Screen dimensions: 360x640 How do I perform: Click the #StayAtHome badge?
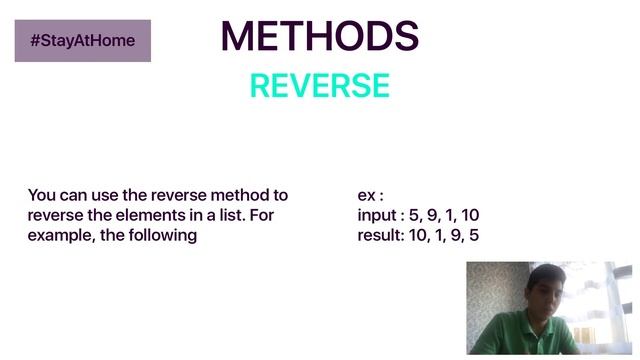click(82, 41)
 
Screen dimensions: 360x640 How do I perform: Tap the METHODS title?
click(319, 36)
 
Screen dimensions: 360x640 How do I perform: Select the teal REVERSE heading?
click(319, 86)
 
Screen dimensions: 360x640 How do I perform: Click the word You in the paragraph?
click(42, 195)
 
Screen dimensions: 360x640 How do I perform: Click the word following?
click(164, 237)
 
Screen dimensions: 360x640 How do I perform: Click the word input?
click(378, 216)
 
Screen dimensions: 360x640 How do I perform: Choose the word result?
click(379, 237)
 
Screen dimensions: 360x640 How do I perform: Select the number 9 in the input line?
click(432, 216)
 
